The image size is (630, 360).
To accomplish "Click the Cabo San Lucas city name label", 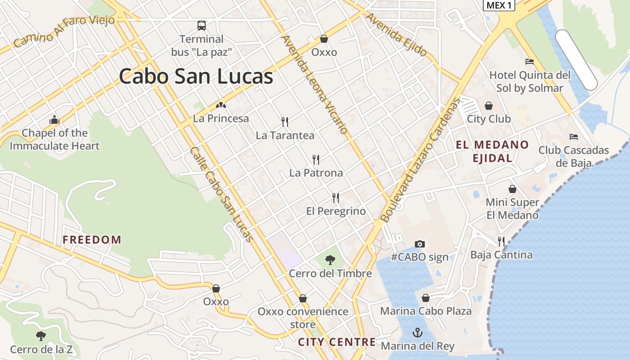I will pyautogui.click(x=196, y=76).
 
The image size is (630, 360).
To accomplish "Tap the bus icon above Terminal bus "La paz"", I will pyautogui.click(x=202, y=26).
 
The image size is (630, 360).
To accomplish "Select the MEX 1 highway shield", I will pyautogui.click(x=499, y=5).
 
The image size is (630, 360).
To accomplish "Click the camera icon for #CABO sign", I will pyautogui.click(x=419, y=244).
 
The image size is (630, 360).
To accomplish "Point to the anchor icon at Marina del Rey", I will pyautogui.click(x=418, y=333).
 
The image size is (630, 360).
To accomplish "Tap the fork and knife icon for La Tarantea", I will pyautogui.click(x=285, y=121).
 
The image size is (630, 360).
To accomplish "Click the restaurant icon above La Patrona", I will pyautogui.click(x=316, y=159).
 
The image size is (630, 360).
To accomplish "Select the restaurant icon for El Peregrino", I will pyautogui.click(x=336, y=198).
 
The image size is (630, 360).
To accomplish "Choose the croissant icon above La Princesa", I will pyautogui.click(x=220, y=105).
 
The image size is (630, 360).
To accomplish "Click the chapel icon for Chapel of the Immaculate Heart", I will pyautogui.click(x=54, y=120).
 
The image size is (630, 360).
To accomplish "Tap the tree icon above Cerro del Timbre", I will pyautogui.click(x=330, y=260).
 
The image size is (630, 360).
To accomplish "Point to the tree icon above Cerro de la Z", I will pyautogui.click(x=41, y=336).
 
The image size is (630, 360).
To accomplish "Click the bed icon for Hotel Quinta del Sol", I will pyautogui.click(x=530, y=62).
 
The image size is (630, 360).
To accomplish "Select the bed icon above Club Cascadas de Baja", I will pyautogui.click(x=573, y=137).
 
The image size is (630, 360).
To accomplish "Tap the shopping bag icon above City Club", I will pyautogui.click(x=489, y=106).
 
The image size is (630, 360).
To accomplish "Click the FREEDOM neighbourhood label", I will pyautogui.click(x=92, y=240).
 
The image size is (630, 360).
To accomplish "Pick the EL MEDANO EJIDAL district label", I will pyautogui.click(x=492, y=151).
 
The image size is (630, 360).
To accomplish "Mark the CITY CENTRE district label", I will pyautogui.click(x=337, y=342).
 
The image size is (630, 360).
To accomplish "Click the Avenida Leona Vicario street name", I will pyautogui.click(x=315, y=85).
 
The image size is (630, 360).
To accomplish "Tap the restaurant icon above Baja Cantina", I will pyautogui.click(x=501, y=242).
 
